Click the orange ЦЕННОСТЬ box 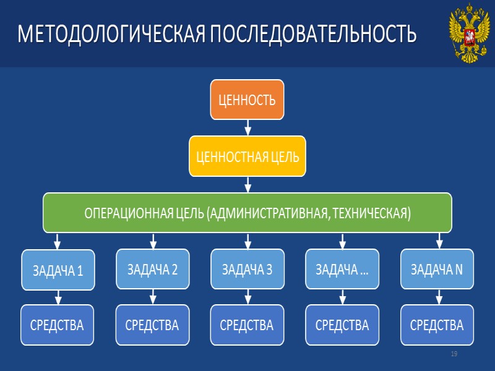247,100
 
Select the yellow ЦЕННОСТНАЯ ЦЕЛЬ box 247,156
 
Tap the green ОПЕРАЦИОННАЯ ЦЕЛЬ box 247,213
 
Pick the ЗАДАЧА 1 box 58,270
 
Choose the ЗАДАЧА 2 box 152,269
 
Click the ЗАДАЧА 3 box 247,269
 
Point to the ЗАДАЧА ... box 342,269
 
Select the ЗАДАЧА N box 437,269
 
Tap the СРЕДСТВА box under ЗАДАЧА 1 57,325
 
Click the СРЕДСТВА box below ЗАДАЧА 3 247,325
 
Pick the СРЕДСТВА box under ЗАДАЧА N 437,325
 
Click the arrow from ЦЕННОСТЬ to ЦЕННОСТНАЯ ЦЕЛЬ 247,127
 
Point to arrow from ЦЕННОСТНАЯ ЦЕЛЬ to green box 247,184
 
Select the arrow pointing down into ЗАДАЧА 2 153,241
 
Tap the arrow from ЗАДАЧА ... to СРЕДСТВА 342,297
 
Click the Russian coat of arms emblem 467,33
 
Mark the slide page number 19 454,354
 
